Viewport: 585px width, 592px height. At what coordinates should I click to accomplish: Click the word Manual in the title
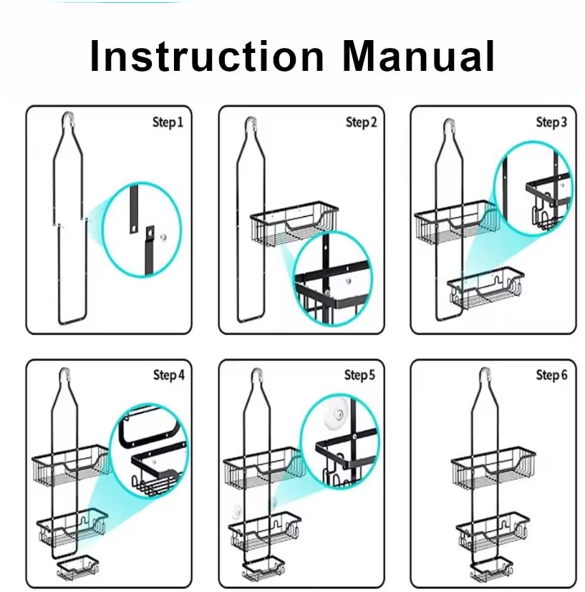419,57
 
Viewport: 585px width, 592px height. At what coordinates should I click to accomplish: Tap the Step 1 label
168,123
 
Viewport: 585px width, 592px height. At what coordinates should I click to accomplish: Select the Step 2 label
361,123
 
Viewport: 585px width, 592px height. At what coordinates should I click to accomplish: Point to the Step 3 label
551,123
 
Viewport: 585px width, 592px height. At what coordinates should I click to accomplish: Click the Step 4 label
168,375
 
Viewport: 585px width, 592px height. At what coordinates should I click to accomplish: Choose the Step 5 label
359,375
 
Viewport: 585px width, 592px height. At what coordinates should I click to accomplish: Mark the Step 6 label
551,375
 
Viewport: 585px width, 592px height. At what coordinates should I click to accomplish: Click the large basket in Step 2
294,226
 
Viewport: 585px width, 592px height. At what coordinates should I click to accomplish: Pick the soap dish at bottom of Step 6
491,568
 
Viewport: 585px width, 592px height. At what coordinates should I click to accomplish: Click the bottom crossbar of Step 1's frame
71,319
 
